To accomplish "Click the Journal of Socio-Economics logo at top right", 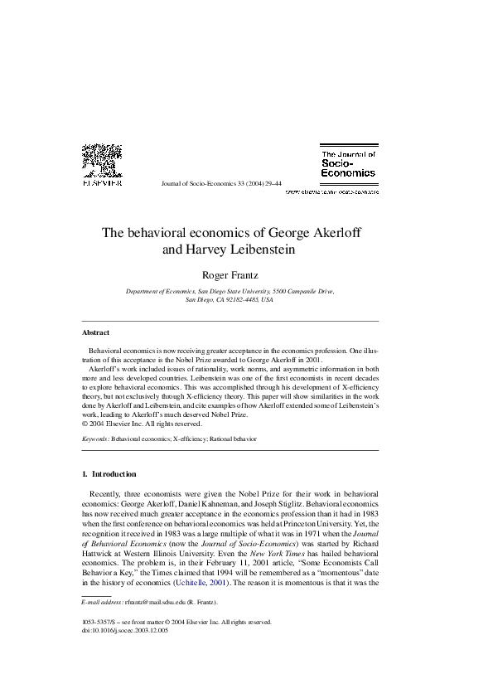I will (347, 164).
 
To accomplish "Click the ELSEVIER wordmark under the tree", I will (103, 185).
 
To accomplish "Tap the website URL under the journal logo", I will (332, 191).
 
